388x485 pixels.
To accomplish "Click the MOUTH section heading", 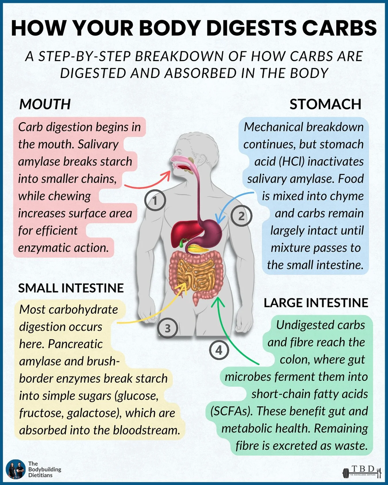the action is (x=45, y=104).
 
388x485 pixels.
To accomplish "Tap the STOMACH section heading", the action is (x=325, y=104).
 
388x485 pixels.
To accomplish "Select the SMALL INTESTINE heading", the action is (x=71, y=288).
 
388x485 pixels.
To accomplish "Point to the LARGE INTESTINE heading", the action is (x=316, y=303).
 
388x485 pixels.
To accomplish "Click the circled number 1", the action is (x=155, y=201).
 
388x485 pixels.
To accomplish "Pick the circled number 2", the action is (x=241, y=216).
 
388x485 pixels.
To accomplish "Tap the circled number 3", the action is (x=168, y=328).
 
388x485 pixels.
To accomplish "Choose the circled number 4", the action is (x=219, y=350).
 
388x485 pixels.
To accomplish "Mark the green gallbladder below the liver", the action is (x=181, y=244).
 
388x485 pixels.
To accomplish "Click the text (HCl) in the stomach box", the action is (x=291, y=161).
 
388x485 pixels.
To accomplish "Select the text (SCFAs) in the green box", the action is (x=231, y=411).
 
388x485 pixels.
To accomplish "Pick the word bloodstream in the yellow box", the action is (x=146, y=430).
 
